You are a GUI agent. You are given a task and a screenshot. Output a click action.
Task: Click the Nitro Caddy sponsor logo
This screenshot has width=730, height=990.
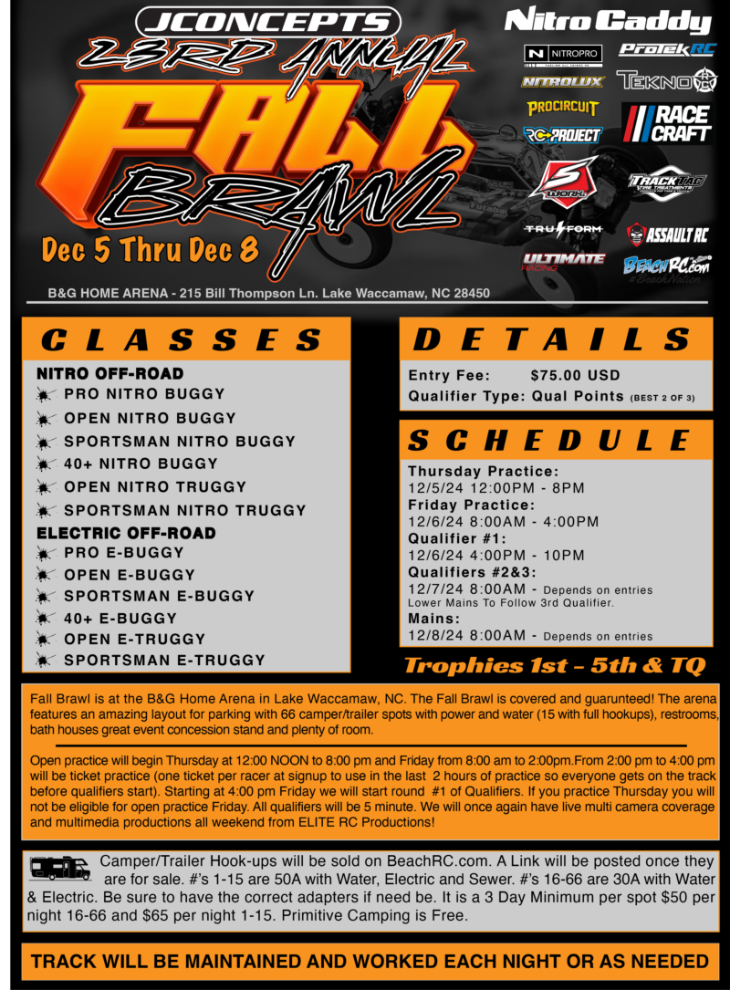(x=608, y=22)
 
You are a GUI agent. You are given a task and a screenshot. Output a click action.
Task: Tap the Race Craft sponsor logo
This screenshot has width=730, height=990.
(x=667, y=124)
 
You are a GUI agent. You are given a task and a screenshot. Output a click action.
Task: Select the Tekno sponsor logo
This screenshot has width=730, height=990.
(x=667, y=81)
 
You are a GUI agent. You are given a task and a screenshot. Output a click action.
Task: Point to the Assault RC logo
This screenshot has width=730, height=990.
(x=667, y=235)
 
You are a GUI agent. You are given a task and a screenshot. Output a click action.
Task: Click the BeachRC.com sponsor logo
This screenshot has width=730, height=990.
(x=667, y=266)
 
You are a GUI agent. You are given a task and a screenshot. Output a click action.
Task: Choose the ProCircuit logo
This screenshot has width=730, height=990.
(x=563, y=108)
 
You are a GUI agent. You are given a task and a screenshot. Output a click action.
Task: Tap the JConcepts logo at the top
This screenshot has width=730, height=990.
(x=268, y=22)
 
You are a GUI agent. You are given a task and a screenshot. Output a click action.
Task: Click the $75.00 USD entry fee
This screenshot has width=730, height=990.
(x=575, y=376)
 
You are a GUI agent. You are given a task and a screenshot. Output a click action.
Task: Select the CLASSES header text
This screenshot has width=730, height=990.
(x=182, y=340)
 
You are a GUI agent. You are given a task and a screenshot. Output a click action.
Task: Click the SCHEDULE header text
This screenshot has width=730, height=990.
(x=549, y=440)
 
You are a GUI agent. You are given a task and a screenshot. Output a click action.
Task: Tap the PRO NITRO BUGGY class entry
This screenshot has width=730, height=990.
(x=144, y=394)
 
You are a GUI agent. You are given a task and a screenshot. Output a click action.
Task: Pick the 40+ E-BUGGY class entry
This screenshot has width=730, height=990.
(x=120, y=619)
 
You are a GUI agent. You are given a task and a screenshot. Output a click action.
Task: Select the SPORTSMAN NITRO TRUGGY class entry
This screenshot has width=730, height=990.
(x=185, y=510)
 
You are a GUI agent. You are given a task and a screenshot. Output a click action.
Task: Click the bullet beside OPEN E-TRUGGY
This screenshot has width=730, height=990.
(x=45, y=640)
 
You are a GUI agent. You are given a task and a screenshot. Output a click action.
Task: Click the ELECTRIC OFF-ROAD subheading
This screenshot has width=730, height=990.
(x=126, y=534)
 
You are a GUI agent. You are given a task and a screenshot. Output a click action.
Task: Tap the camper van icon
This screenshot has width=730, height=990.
(x=60, y=868)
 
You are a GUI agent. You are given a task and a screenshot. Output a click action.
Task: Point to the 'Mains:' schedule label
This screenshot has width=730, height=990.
(x=433, y=619)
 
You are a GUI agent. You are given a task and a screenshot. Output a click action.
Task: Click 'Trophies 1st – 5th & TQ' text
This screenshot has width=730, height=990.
(x=555, y=665)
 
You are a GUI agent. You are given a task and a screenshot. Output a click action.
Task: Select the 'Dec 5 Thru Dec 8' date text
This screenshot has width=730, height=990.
(x=151, y=249)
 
